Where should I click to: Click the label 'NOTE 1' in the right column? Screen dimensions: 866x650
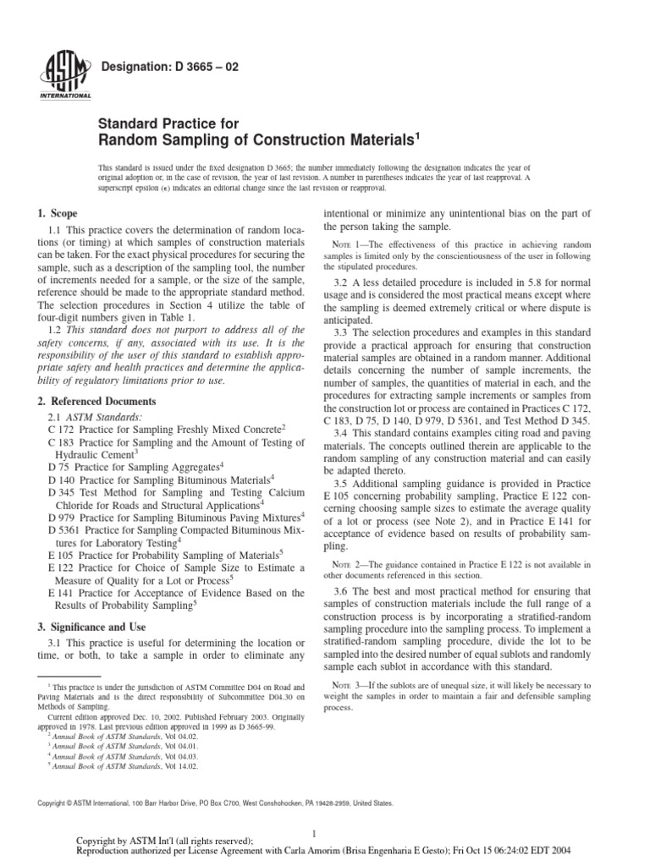pos(349,244)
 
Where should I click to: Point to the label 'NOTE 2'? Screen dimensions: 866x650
pos(349,563)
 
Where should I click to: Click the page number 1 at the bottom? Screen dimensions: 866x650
pos(313,831)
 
